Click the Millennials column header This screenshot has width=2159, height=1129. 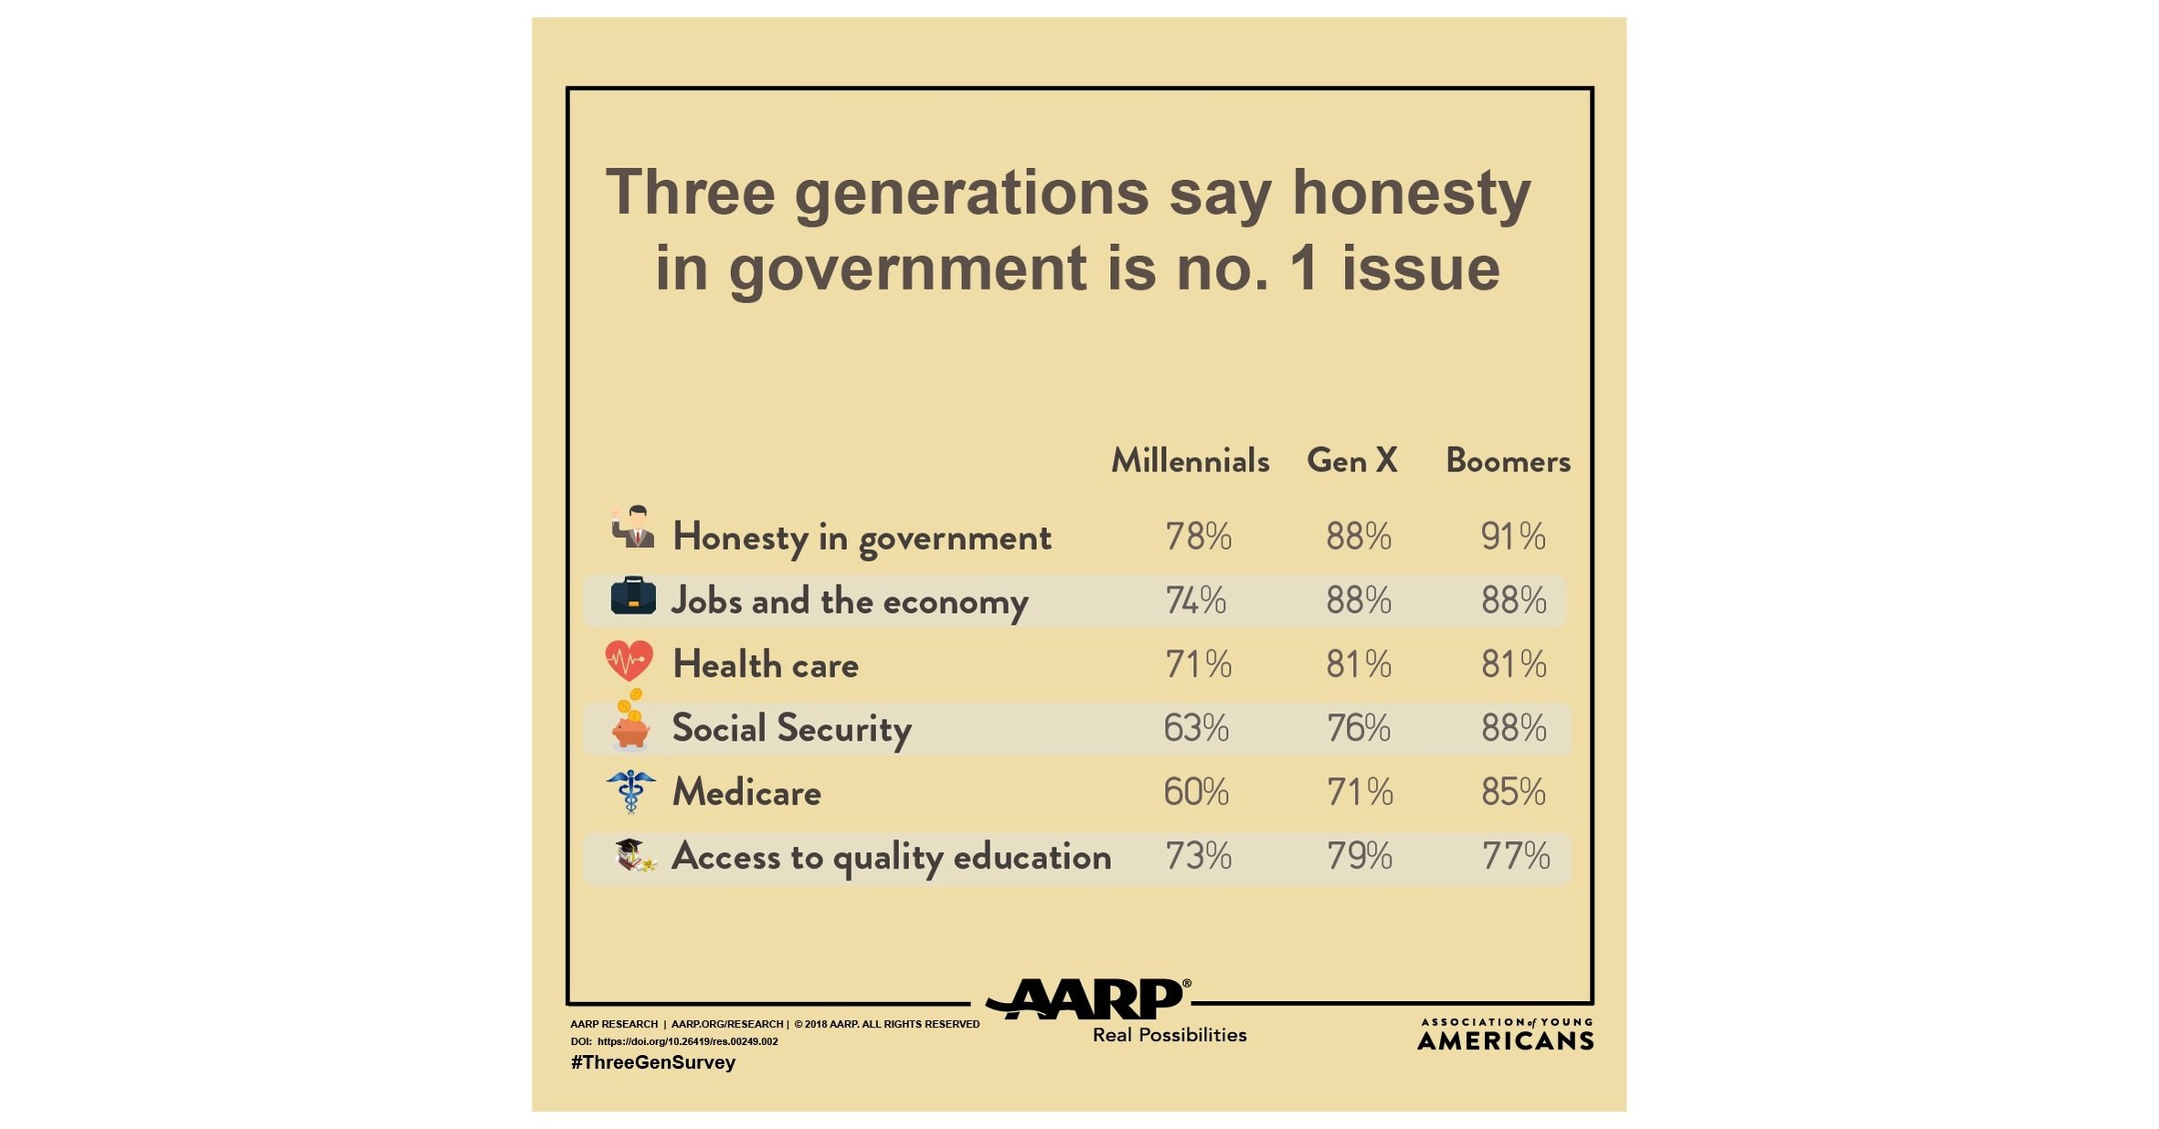pos(1190,461)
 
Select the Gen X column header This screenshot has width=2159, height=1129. pos(1352,461)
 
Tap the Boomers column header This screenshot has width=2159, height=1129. pos(1508,461)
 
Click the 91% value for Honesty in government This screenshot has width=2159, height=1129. pos(1513,536)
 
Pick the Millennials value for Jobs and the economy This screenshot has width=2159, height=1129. pos(1195,600)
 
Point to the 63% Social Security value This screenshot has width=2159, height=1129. pos(1196,728)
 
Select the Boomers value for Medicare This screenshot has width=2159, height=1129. pos(1513,792)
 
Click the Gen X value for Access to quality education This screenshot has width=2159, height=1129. pos(1360,856)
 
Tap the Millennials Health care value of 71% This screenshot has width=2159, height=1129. pos(1198,664)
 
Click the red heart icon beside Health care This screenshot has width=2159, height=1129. pos(629,660)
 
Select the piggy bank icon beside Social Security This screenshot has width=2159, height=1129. pos(630,726)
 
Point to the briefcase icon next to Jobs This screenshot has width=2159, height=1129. pos(632,596)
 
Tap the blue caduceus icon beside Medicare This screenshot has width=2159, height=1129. pos(630,791)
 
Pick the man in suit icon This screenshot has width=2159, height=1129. pos(633,527)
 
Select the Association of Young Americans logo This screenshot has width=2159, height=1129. pos(1505,1034)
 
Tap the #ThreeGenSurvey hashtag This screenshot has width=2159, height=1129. pos(652,1062)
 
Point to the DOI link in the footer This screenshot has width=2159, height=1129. pos(687,1041)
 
